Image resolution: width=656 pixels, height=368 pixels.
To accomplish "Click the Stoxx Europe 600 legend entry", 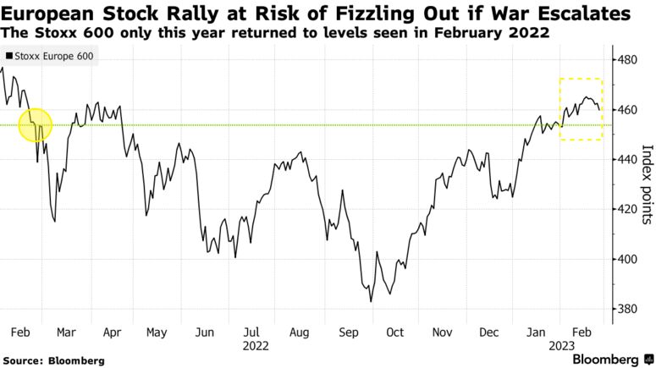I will click(x=50, y=58).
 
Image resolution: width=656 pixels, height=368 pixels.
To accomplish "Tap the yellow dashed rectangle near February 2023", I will click(x=581, y=109).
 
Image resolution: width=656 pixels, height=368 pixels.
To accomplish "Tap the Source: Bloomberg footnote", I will click(x=53, y=360).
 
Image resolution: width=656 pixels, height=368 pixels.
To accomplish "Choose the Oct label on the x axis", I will click(x=395, y=332).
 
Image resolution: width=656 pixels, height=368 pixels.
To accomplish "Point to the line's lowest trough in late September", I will click(x=371, y=300).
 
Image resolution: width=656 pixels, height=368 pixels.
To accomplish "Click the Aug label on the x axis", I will click(x=300, y=332).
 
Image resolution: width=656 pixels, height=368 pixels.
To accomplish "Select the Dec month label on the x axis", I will click(x=490, y=332).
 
